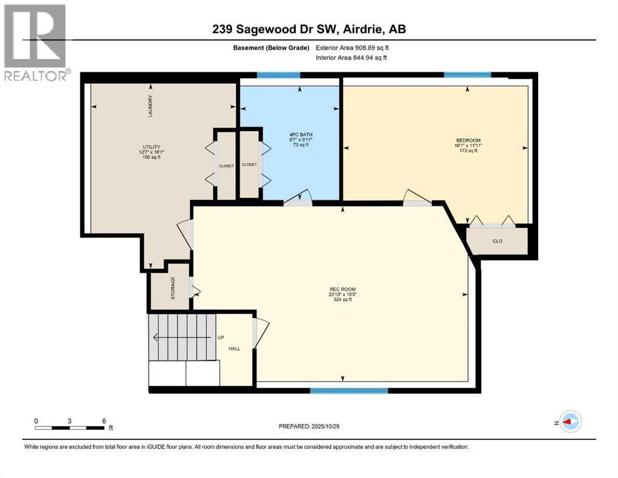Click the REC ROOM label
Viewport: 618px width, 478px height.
pos(342,289)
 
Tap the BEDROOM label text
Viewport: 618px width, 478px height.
pos(468,140)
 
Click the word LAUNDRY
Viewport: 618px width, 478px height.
pos(150,106)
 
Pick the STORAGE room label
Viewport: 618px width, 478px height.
pos(173,288)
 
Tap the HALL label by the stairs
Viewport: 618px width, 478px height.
pos(234,349)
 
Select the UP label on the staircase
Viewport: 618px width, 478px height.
pos(220,338)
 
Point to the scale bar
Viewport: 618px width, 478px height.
pos(70,428)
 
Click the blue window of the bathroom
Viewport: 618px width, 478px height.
pos(279,75)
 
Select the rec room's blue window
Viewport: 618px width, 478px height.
pos(349,390)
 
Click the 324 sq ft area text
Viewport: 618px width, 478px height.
pos(342,300)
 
